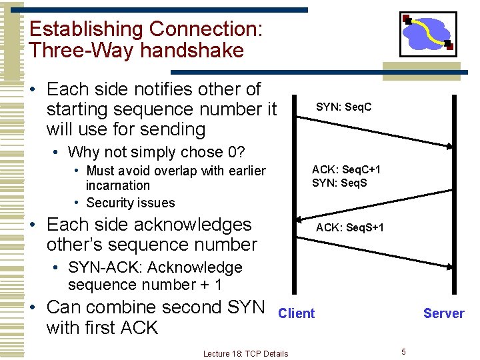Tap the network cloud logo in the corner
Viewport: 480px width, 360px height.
click(428, 33)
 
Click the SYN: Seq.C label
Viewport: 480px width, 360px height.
click(343, 107)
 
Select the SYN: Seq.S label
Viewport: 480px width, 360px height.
click(339, 183)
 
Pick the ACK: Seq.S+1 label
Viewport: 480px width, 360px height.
click(349, 227)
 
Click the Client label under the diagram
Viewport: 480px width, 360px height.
click(296, 313)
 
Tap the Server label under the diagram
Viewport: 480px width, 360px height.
click(443, 313)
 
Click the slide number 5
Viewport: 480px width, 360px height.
click(403, 351)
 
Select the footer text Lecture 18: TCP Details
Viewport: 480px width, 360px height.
click(245, 353)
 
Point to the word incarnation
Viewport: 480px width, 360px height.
click(118, 186)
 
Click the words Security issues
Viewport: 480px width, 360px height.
click(131, 203)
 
